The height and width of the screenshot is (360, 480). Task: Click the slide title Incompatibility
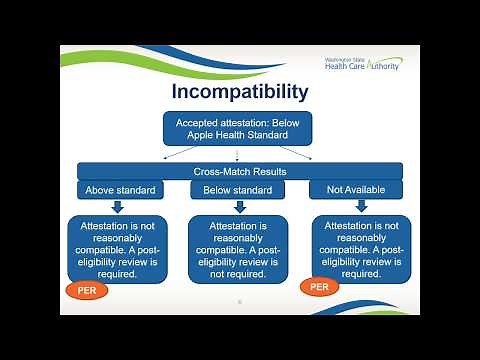(x=240, y=93)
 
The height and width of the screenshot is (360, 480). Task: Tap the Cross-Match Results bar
(x=240, y=171)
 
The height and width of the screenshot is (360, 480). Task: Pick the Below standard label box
(x=239, y=188)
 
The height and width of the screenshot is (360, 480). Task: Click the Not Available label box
(x=356, y=188)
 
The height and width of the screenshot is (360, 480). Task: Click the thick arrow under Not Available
(x=357, y=207)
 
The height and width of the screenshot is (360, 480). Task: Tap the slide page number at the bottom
(x=239, y=299)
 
